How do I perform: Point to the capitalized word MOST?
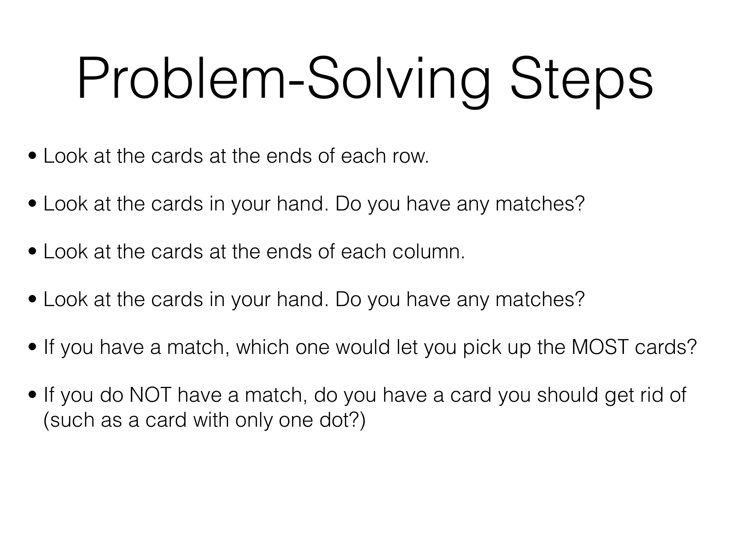point(600,347)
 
